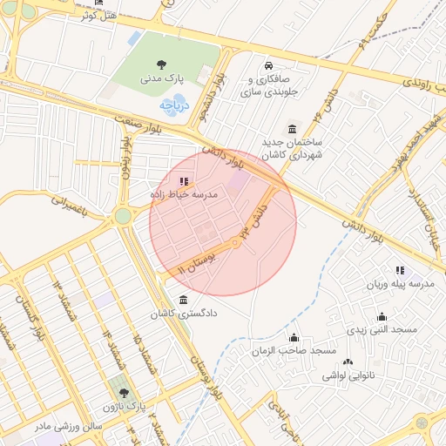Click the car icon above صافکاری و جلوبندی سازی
click(x=268, y=66)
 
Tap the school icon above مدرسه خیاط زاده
click(x=183, y=181)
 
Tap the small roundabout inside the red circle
click(x=235, y=243)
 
